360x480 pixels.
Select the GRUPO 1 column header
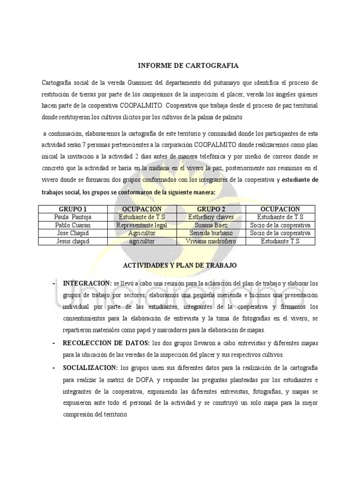click(73, 209)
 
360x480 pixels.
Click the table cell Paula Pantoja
click(73, 217)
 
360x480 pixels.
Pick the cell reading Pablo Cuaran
click(73, 225)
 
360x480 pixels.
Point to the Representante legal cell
click(142, 225)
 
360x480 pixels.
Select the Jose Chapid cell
click(73, 232)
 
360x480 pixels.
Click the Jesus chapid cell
click(73, 241)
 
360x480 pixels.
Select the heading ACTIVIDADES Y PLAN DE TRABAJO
click(180, 265)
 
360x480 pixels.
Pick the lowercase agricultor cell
click(142, 241)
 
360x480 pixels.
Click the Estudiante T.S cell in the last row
click(281, 241)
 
